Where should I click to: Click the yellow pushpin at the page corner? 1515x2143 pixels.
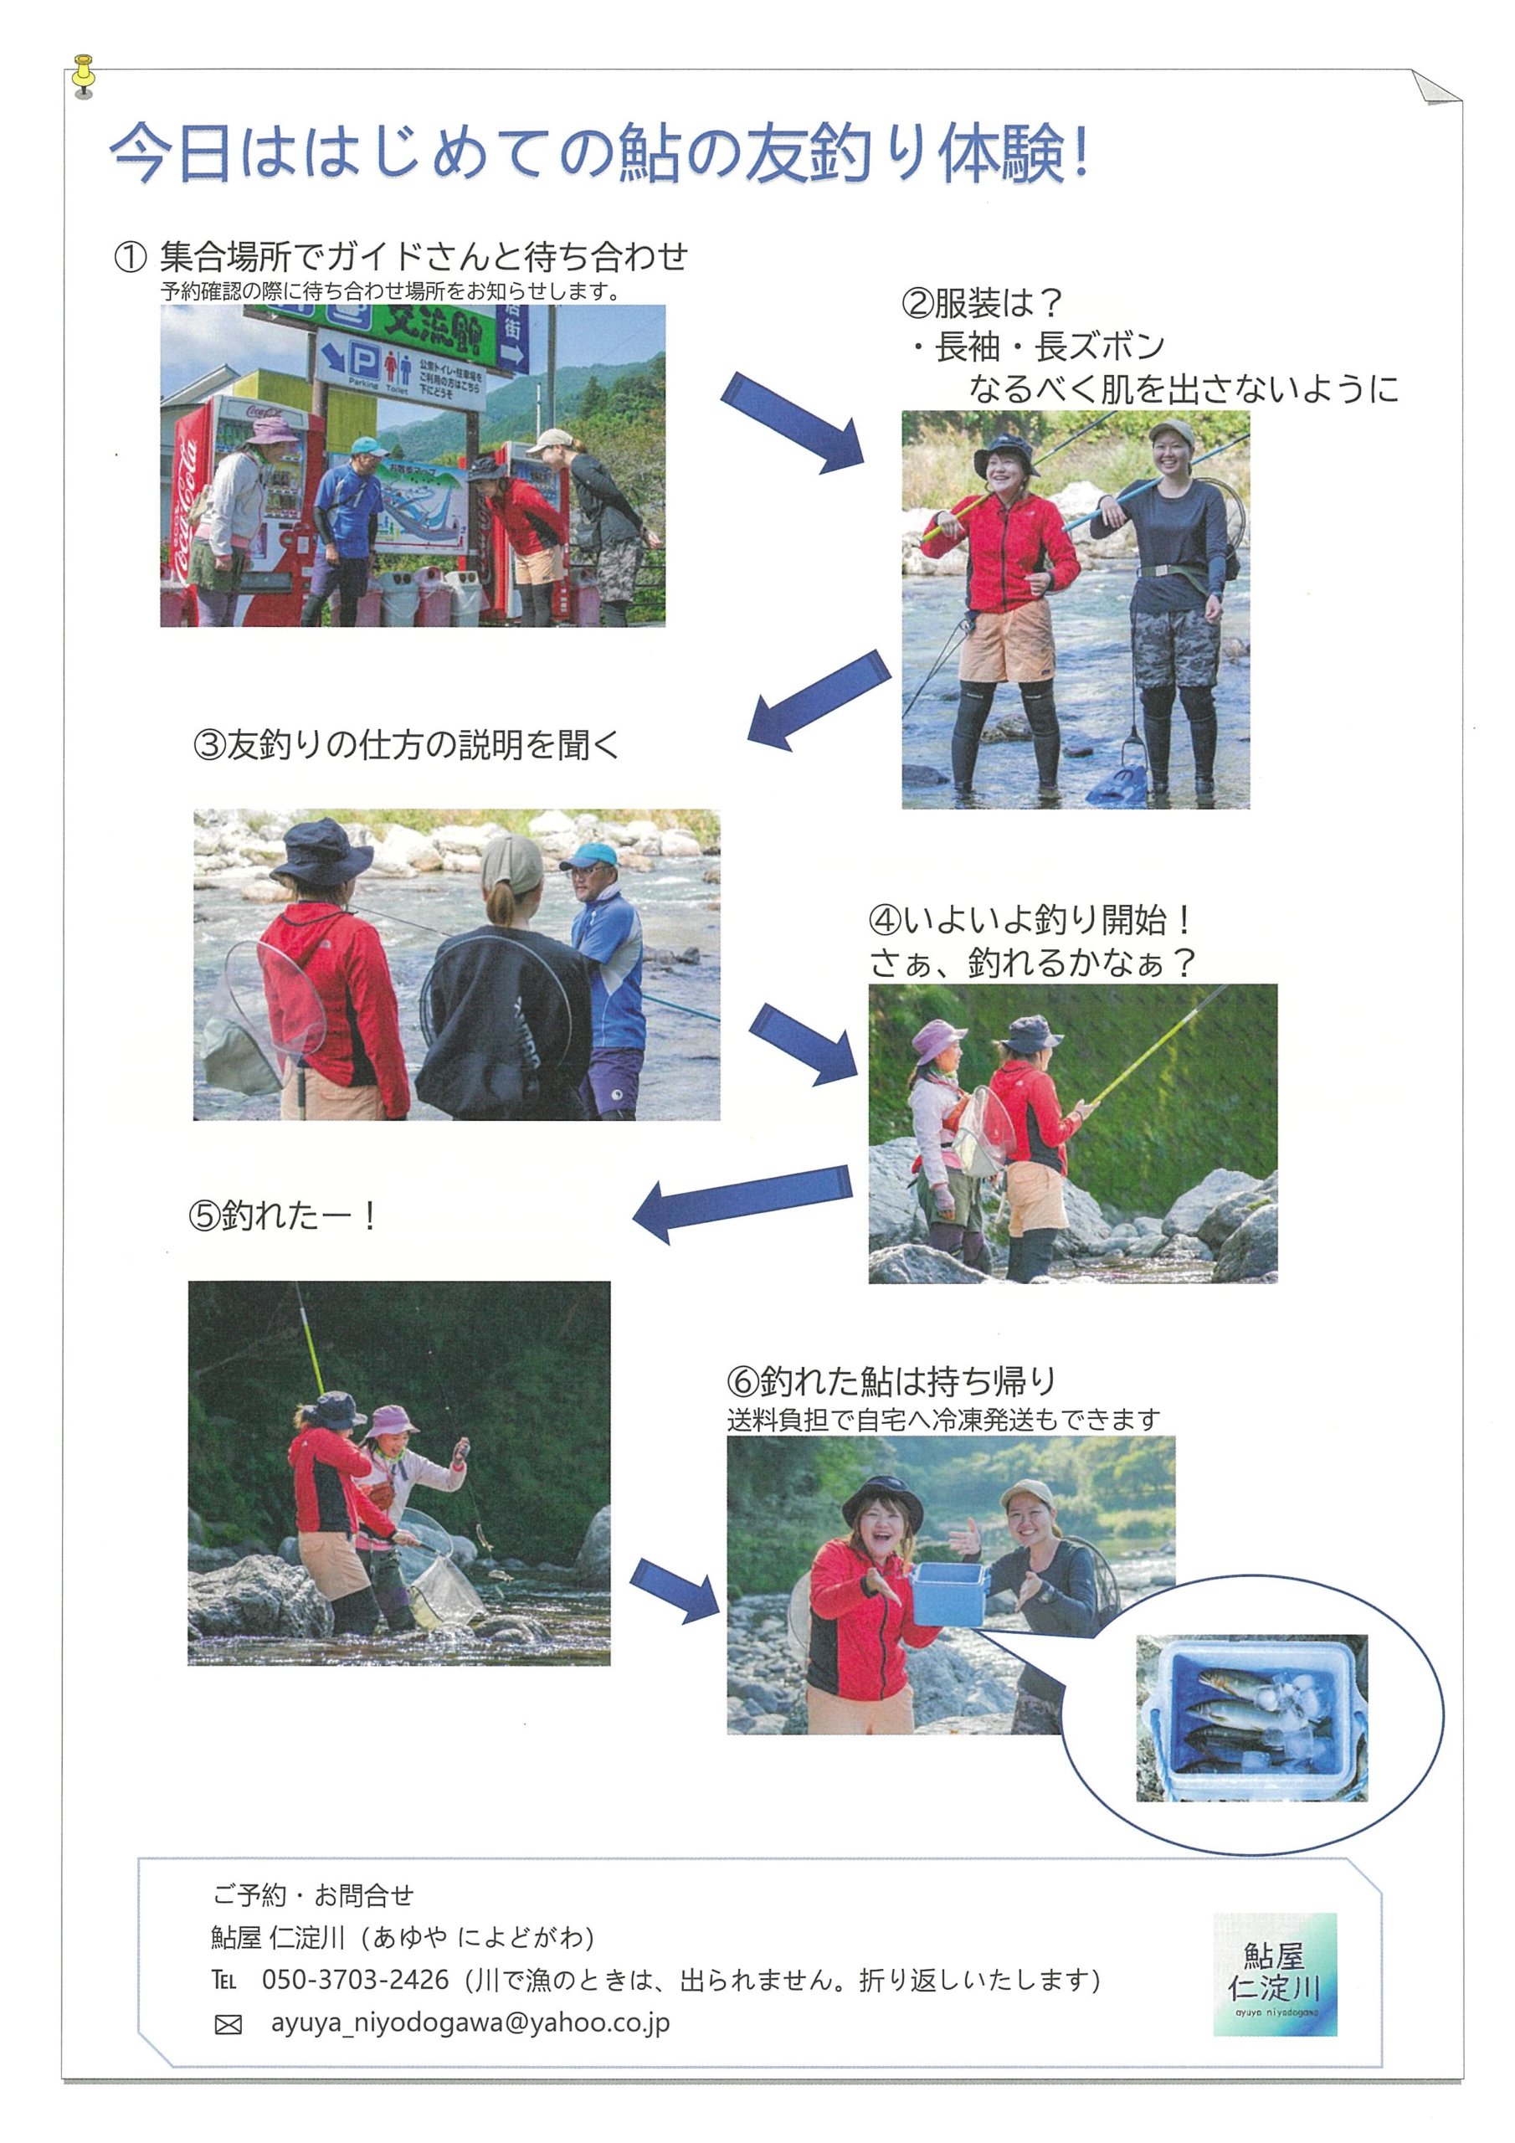[84, 75]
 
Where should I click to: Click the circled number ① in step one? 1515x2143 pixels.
[131, 257]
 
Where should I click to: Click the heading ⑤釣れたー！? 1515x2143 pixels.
[283, 1215]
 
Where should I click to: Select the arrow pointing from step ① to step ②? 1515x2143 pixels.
[792, 422]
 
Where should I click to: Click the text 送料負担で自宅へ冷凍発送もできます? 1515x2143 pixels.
[943, 1420]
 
